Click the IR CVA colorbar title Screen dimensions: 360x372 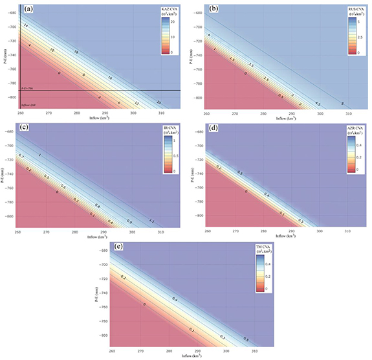170,128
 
